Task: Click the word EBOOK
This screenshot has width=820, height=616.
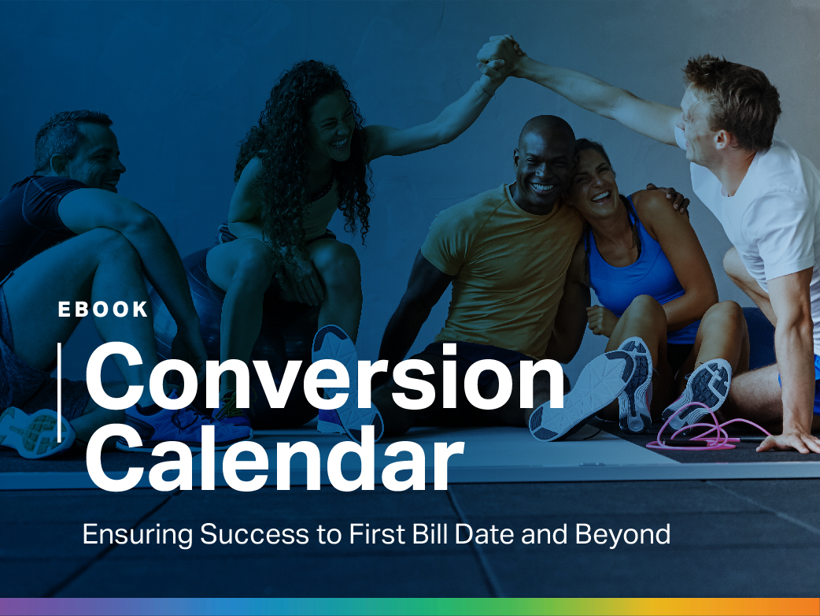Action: [x=103, y=310]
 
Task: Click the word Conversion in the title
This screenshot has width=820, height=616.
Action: [x=324, y=378]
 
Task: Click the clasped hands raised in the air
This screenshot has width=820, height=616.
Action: [x=500, y=58]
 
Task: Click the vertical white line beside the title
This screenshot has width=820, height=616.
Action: [x=59, y=391]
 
